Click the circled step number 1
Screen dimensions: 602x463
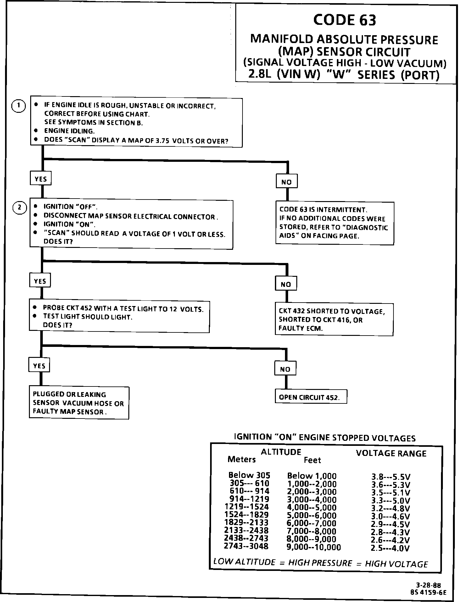(x=19, y=106)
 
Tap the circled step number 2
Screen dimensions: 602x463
(x=20, y=208)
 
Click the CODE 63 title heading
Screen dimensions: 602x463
(x=344, y=20)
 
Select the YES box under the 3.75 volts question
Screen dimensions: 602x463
(x=41, y=179)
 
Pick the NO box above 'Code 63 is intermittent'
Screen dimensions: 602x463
(x=286, y=182)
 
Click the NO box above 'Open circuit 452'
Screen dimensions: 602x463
(x=285, y=369)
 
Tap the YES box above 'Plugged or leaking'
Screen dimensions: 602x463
(x=39, y=366)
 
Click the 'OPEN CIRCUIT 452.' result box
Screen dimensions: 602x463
(x=310, y=397)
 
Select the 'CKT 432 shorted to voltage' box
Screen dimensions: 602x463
(x=334, y=320)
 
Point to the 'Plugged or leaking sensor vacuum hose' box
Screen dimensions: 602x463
(x=79, y=403)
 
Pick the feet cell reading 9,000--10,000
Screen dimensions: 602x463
(x=314, y=547)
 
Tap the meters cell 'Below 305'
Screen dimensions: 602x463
(x=249, y=475)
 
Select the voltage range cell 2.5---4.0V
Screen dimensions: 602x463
(x=390, y=549)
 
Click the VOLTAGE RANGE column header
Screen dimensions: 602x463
(x=391, y=453)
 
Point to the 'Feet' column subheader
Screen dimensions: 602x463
(x=312, y=460)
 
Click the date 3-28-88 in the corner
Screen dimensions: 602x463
(x=428, y=585)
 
